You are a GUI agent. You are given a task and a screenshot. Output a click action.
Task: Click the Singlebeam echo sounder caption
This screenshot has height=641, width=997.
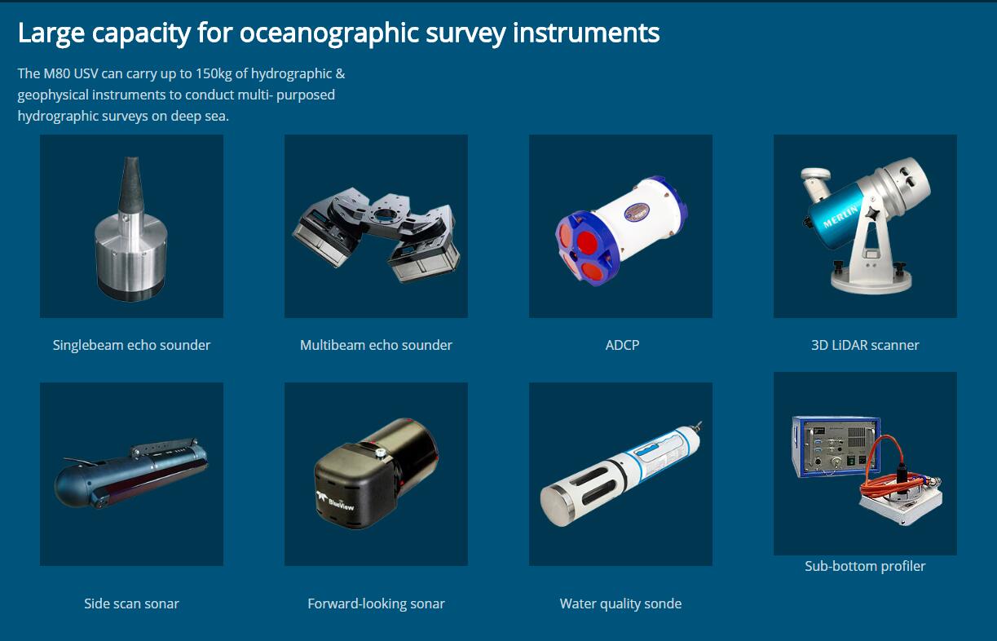[131, 346]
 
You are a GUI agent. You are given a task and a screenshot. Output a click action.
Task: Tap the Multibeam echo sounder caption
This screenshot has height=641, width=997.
[376, 346]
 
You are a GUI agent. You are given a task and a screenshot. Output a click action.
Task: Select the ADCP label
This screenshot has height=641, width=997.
[622, 345]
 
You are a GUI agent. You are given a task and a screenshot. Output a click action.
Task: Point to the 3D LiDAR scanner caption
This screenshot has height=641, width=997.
[865, 345]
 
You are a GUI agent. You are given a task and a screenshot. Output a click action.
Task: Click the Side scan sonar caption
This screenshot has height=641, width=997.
[131, 603]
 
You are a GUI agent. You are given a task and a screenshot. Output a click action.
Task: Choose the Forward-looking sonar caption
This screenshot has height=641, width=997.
[376, 604]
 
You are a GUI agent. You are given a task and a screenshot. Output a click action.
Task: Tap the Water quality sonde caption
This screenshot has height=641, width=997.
[620, 604]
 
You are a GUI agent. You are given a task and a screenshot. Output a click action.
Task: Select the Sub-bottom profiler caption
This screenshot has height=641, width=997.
[865, 566]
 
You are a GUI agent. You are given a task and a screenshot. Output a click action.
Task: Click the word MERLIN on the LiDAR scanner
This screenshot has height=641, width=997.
[840, 216]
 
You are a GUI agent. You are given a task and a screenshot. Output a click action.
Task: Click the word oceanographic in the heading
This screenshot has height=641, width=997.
[329, 33]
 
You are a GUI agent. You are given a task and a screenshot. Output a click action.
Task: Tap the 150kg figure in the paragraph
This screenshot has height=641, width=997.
[214, 74]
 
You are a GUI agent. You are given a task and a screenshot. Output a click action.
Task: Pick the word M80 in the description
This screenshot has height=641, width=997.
[56, 73]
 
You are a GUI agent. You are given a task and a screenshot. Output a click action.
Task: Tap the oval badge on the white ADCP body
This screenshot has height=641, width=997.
[637, 212]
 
